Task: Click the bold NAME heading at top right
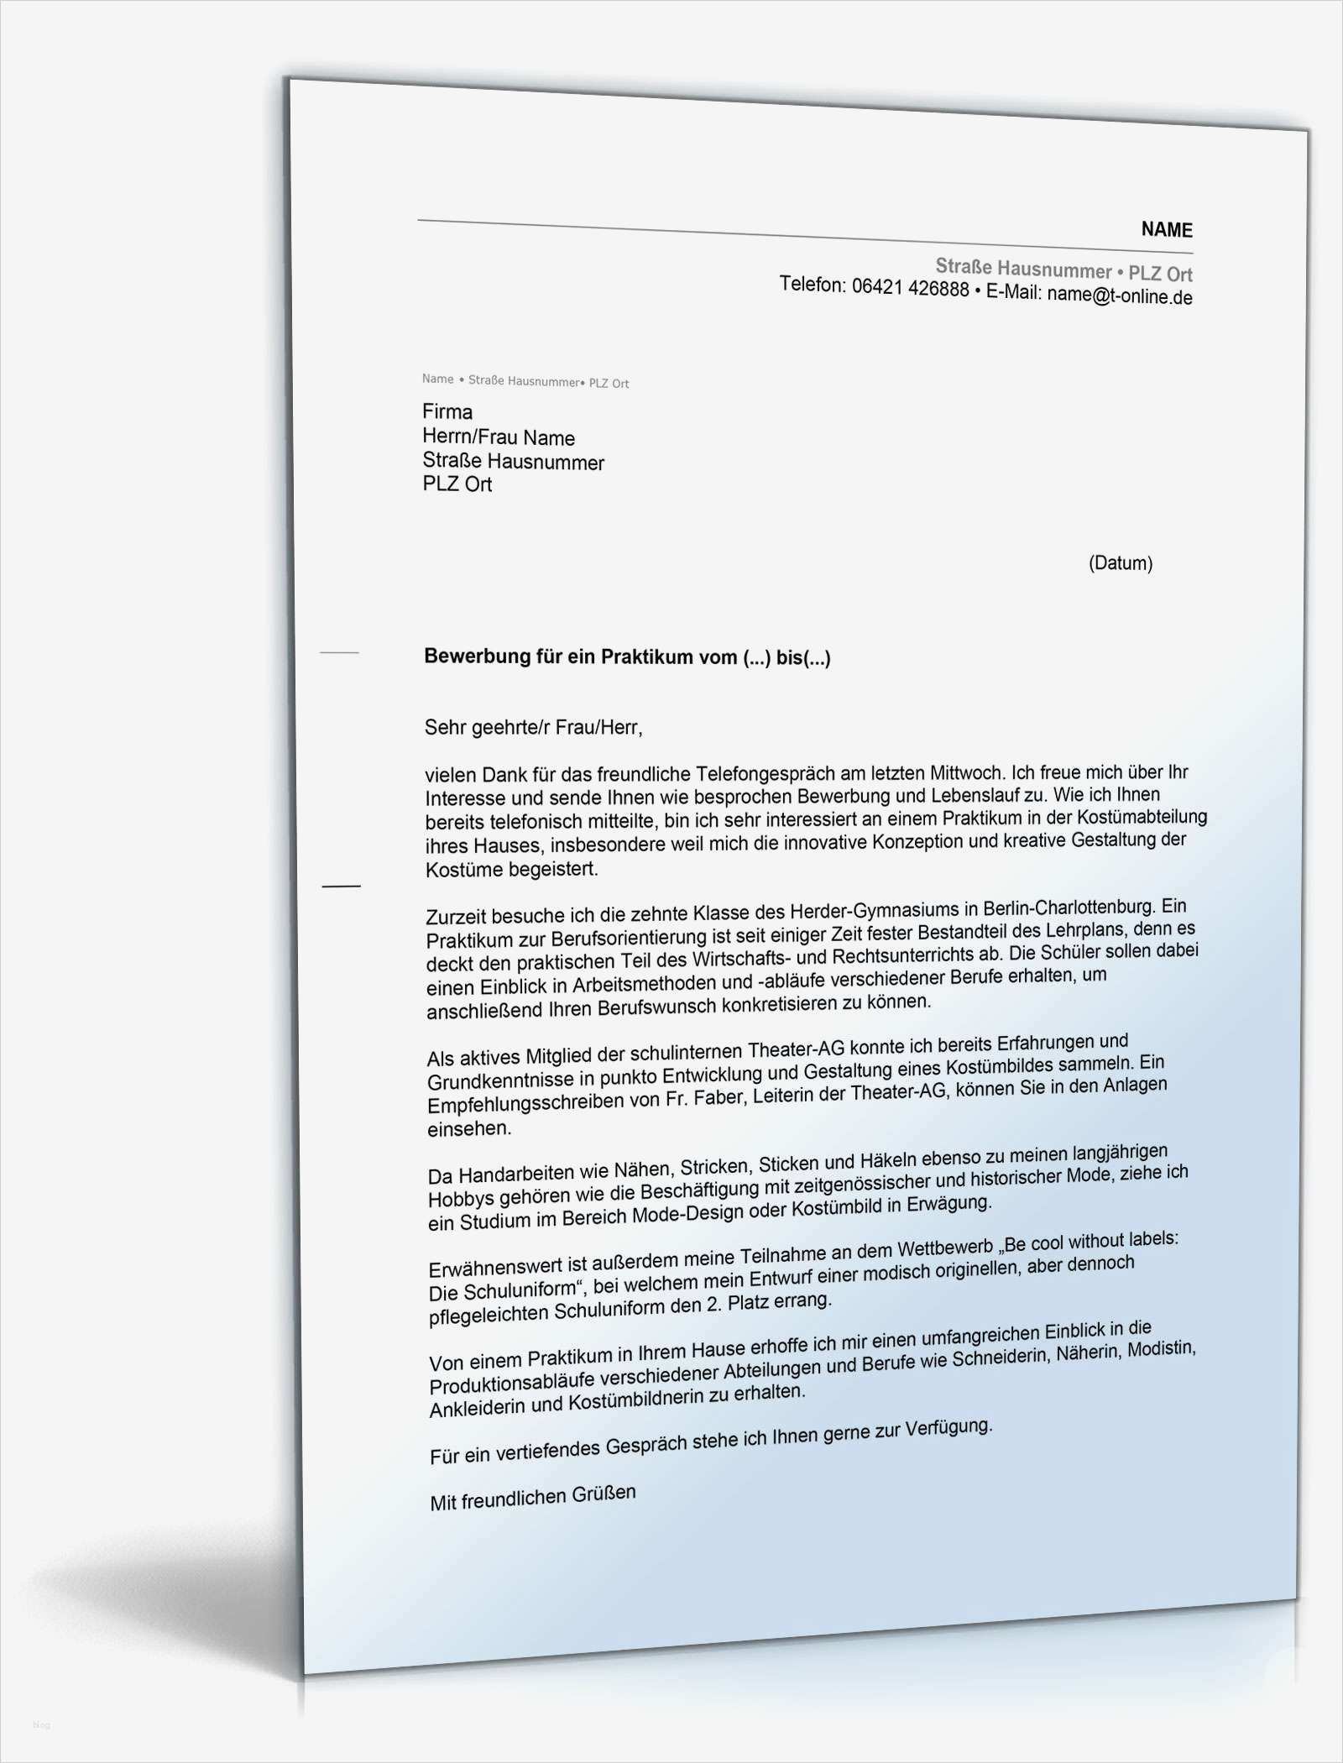1166,230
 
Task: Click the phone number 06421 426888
910,289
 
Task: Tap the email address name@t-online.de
1119,296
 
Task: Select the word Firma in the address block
447,411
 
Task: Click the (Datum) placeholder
1120,562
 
